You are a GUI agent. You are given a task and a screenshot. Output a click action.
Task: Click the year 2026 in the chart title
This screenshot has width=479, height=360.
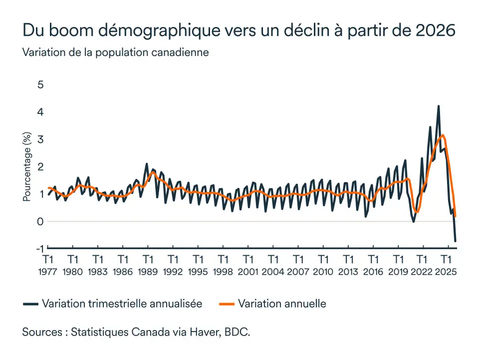click(x=436, y=30)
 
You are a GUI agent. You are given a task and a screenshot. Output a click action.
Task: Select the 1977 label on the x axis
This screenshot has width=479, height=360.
click(x=48, y=272)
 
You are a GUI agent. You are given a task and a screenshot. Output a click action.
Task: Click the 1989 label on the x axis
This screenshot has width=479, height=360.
click(x=148, y=272)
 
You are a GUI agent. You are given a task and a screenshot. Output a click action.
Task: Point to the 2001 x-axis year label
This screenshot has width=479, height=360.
click(x=248, y=272)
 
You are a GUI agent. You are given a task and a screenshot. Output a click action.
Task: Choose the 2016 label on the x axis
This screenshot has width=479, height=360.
click(x=373, y=272)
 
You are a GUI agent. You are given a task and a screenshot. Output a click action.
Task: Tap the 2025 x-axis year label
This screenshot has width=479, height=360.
click(x=448, y=272)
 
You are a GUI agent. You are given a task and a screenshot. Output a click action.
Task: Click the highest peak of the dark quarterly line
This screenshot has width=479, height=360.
click(x=439, y=106)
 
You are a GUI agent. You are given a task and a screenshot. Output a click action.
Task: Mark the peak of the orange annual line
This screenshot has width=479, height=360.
click(x=443, y=135)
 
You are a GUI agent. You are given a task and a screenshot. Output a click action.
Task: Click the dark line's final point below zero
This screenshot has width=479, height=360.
click(x=456, y=241)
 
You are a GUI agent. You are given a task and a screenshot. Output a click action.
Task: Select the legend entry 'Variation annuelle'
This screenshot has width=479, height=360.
click(x=282, y=304)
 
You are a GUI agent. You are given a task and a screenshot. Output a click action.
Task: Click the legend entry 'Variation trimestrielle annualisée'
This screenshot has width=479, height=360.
click(x=122, y=304)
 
